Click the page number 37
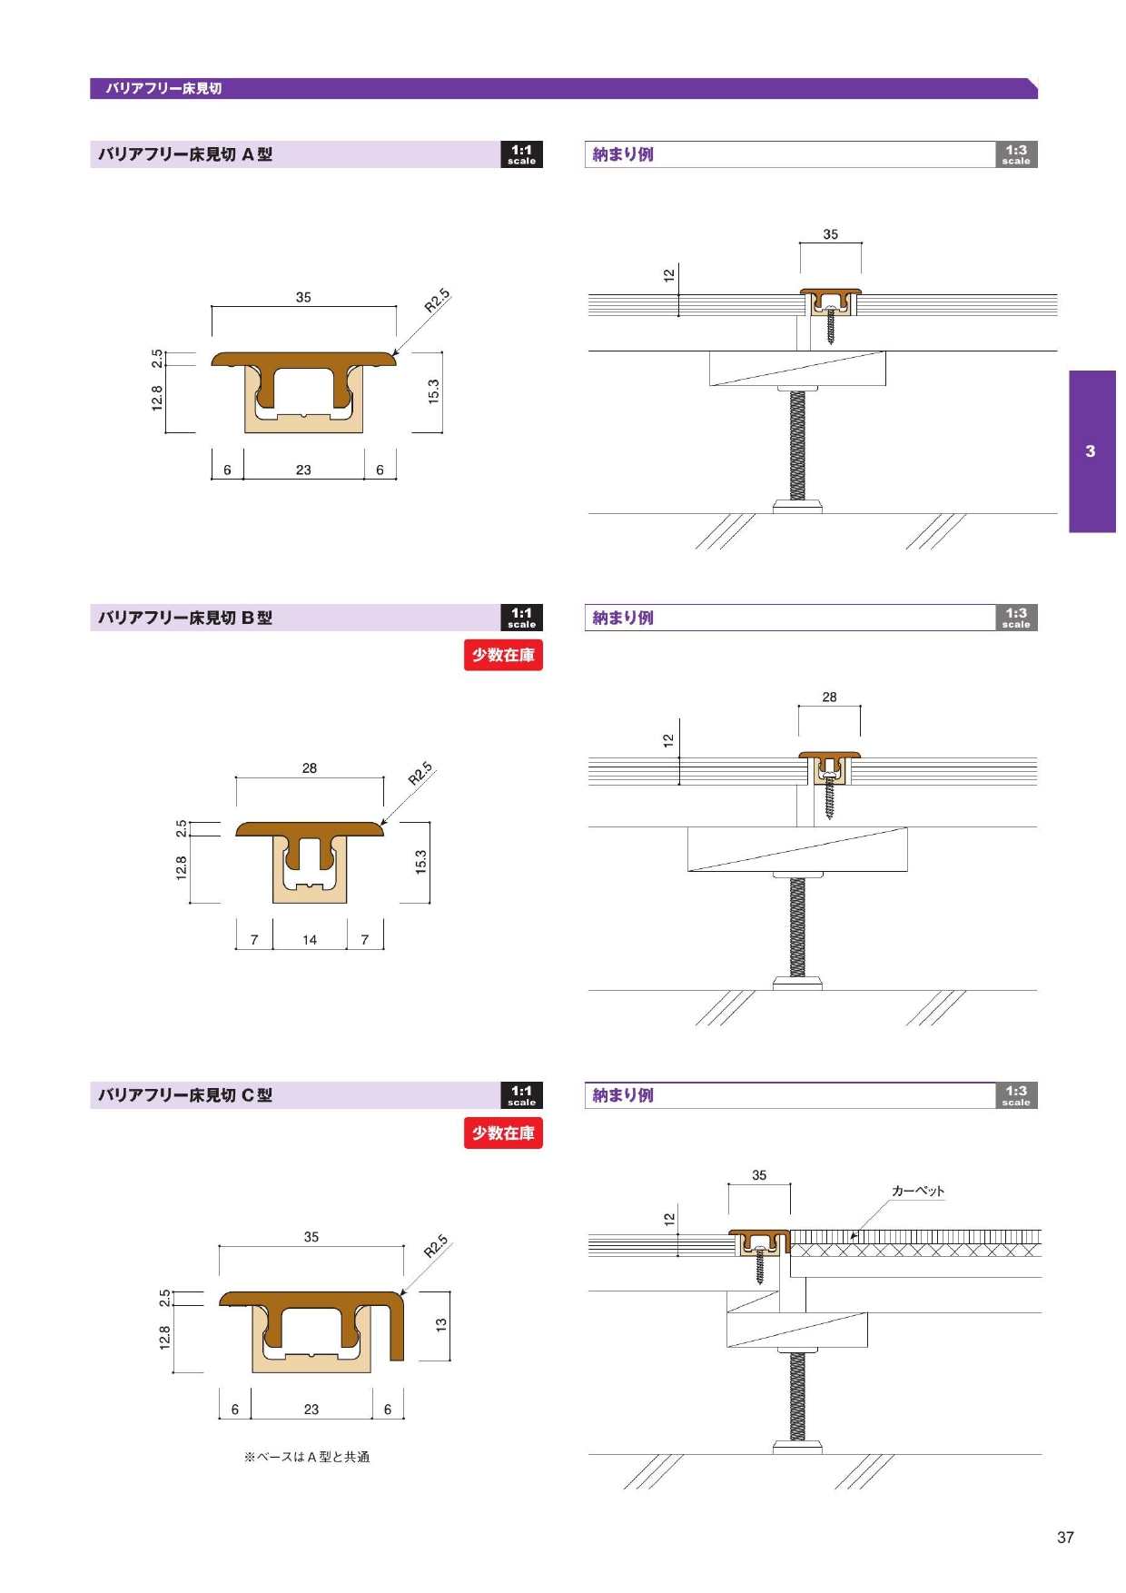pyautogui.click(x=1065, y=1537)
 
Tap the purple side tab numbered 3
pyautogui.click(x=1091, y=450)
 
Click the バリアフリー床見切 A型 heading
pyautogui.click(x=185, y=154)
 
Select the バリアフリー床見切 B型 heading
pyautogui.click(x=185, y=618)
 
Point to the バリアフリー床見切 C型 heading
pyautogui.click(x=185, y=1095)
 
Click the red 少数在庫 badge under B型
pyautogui.click(x=503, y=655)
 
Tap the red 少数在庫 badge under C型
pyautogui.click(x=503, y=1133)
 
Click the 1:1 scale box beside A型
pyautogui.click(x=522, y=154)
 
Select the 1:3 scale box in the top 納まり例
pyautogui.click(x=1016, y=154)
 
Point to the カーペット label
pyautogui.click(x=918, y=1191)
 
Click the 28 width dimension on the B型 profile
pyautogui.click(x=310, y=768)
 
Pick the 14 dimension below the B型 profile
pyautogui.click(x=310, y=940)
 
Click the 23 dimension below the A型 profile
pyautogui.click(x=303, y=470)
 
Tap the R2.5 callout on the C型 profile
pyautogui.click(x=436, y=1246)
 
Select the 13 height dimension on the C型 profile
pyautogui.click(x=441, y=1325)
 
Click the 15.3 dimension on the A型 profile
pyautogui.click(x=433, y=391)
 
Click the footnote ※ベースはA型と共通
pyautogui.click(x=307, y=1457)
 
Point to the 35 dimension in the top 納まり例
pyautogui.click(x=831, y=234)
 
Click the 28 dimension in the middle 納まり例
pyautogui.click(x=829, y=698)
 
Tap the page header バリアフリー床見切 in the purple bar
pyautogui.click(x=163, y=88)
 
